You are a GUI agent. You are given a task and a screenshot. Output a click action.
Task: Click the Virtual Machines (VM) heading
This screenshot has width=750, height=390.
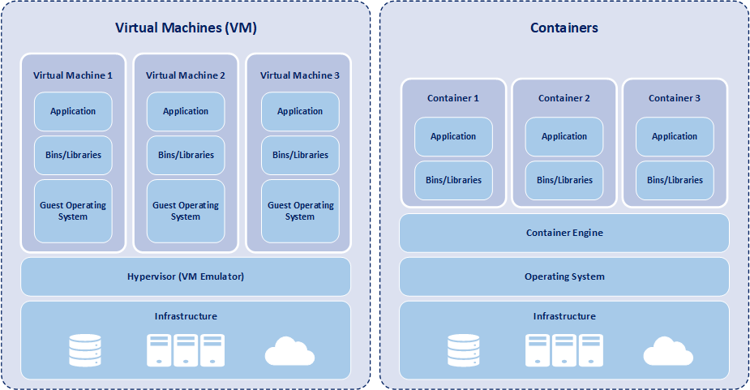(186, 28)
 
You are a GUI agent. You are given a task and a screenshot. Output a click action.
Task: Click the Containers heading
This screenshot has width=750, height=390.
(564, 28)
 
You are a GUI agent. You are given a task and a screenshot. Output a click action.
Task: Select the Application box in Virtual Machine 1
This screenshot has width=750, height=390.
(73, 112)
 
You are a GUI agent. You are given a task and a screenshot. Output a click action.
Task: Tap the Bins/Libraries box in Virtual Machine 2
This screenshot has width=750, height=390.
(186, 155)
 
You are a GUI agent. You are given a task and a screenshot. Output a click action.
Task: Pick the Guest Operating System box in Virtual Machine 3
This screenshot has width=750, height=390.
(300, 211)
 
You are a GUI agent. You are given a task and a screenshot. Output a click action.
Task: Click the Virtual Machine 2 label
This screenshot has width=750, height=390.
(186, 75)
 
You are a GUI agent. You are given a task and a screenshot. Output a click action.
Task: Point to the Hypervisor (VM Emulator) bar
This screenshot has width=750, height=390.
(186, 276)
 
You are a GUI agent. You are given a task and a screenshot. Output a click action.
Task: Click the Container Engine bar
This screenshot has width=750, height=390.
(564, 234)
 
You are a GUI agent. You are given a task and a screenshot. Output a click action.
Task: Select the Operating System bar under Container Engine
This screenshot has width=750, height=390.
(564, 276)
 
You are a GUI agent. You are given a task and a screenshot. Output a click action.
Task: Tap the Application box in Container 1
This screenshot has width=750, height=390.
(453, 137)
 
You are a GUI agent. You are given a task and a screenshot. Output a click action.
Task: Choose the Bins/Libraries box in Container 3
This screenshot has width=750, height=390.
(675, 180)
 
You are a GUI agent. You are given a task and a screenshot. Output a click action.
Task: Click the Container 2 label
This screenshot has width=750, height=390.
(564, 98)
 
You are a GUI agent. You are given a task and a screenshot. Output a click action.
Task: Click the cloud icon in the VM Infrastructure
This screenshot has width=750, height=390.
(289, 351)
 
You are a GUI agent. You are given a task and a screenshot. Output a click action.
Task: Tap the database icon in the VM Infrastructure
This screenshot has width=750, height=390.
(85, 350)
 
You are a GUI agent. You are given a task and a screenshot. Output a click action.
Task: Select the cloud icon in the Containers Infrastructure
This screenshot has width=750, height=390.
(668, 351)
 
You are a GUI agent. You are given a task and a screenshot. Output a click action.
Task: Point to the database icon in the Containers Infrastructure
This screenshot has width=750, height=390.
(464, 350)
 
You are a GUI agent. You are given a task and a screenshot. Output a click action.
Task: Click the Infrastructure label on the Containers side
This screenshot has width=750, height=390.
(564, 316)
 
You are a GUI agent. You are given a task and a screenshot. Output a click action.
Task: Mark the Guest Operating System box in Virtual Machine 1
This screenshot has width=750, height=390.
(73, 211)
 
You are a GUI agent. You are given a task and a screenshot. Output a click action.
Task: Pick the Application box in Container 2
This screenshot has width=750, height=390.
(564, 137)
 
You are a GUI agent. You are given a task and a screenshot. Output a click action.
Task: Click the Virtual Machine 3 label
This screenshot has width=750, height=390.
(300, 75)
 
